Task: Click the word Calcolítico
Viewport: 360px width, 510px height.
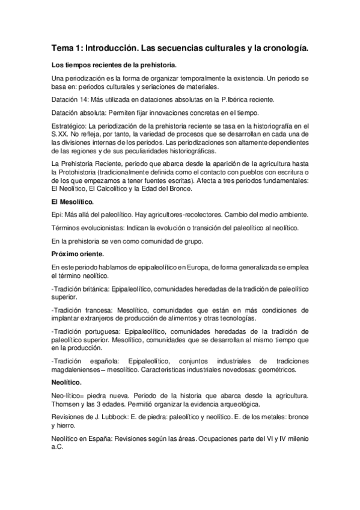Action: (x=109, y=189)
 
